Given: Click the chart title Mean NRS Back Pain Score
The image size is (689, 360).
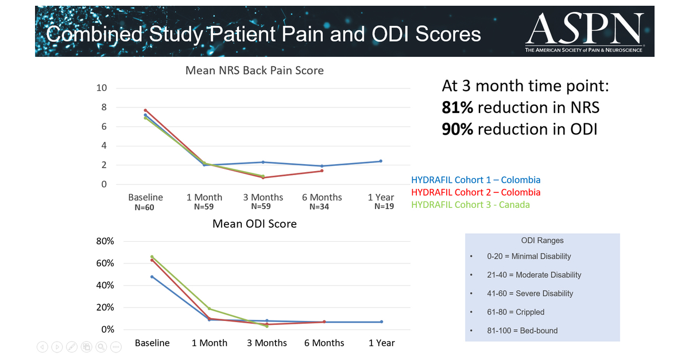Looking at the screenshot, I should (254, 71).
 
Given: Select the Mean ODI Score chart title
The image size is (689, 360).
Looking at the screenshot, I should (254, 224).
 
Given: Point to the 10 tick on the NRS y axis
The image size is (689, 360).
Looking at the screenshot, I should (102, 88).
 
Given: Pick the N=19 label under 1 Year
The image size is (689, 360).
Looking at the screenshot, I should (384, 207).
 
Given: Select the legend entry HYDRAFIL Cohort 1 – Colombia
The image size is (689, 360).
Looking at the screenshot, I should (476, 180).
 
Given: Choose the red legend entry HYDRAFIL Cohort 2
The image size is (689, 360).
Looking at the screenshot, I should (476, 192).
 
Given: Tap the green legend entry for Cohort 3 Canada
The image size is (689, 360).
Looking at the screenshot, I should (470, 205).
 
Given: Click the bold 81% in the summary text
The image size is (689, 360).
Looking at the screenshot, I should (457, 107).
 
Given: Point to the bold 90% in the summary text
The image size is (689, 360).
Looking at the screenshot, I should (457, 129).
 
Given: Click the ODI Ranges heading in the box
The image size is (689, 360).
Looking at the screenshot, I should (542, 241).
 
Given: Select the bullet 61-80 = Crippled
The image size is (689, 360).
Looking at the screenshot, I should (516, 312).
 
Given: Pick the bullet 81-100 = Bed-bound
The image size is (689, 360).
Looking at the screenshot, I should (522, 330).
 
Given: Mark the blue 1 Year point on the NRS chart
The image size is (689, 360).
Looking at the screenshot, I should (381, 161).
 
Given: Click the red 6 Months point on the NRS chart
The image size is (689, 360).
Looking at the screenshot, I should (322, 171).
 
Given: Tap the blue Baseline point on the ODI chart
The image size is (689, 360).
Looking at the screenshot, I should (152, 277).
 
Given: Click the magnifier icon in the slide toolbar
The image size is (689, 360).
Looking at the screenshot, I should (101, 347).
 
